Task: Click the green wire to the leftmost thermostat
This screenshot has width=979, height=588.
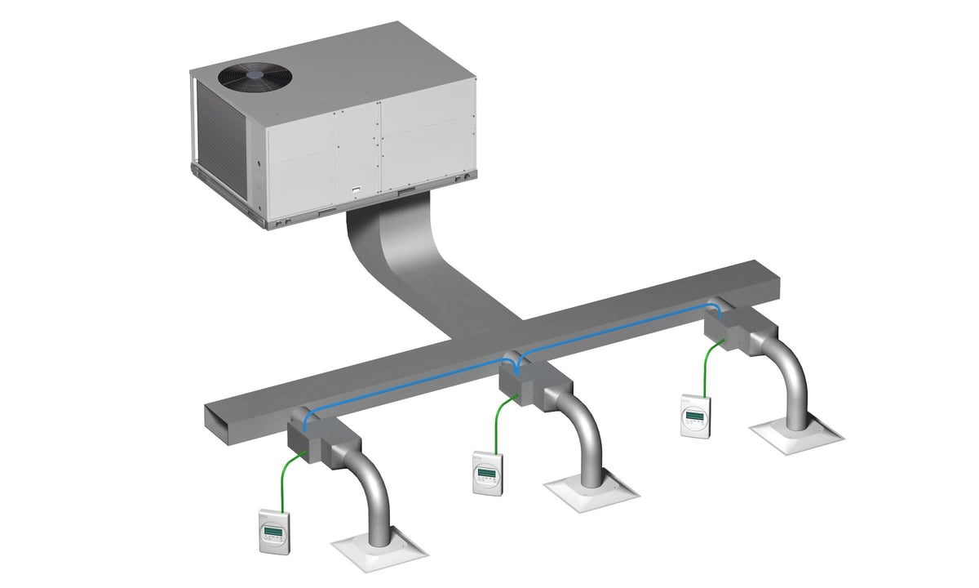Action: click(x=281, y=478)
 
